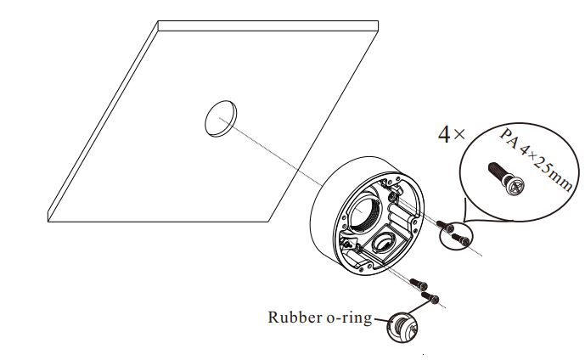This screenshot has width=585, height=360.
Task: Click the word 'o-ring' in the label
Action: coord(349,318)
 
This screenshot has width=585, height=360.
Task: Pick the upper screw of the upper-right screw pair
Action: coord(447,226)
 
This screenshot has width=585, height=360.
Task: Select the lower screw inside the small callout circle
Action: coord(460,239)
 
